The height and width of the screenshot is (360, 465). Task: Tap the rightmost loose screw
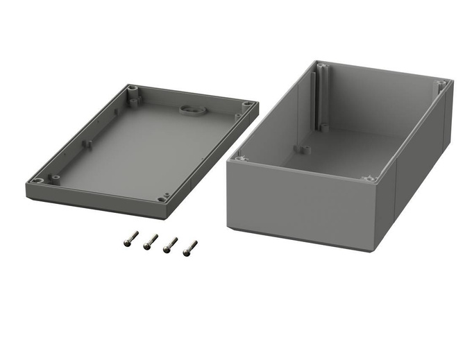click(x=189, y=247)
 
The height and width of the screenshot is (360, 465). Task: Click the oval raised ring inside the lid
click(x=189, y=110)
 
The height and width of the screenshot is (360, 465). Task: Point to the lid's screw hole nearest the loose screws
click(x=162, y=198)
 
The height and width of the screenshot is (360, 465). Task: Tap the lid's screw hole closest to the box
click(x=247, y=105)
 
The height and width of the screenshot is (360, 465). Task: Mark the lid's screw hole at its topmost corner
click(x=131, y=89)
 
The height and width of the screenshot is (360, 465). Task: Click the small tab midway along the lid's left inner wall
click(x=87, y=144)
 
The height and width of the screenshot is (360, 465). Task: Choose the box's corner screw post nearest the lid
click(x=241, y=159)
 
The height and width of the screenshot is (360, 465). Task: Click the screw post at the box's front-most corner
click(x=369, y=179)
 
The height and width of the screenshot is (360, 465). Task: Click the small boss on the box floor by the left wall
click(x=301, y=148)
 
